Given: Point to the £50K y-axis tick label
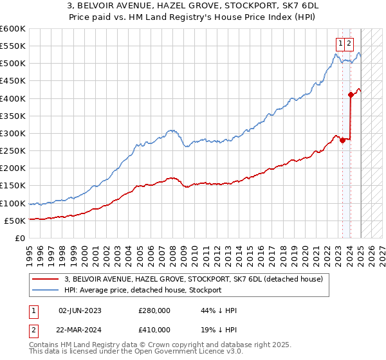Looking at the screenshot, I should tap(15, 221).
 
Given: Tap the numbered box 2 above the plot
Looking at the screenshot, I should tap(348, 44).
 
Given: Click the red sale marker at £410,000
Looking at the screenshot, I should tap(351, 94).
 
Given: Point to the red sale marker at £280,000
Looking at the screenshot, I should tap(342, 140).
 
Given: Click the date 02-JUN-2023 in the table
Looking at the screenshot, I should tap(80, 310).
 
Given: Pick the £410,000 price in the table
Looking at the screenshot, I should tap(154, 331).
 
